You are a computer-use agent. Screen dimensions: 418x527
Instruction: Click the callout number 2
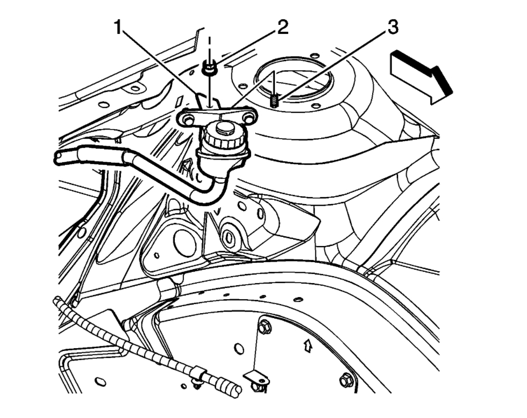(282, 27)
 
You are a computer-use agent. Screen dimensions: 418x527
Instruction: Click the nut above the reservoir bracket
(209, 69)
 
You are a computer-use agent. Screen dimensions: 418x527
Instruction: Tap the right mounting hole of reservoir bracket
(248, 116)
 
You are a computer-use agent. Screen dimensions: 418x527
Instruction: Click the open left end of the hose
(58, 157)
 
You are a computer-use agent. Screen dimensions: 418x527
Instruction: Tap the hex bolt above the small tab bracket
(263, 327)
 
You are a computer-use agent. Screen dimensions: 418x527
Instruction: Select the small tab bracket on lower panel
(257, 377)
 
